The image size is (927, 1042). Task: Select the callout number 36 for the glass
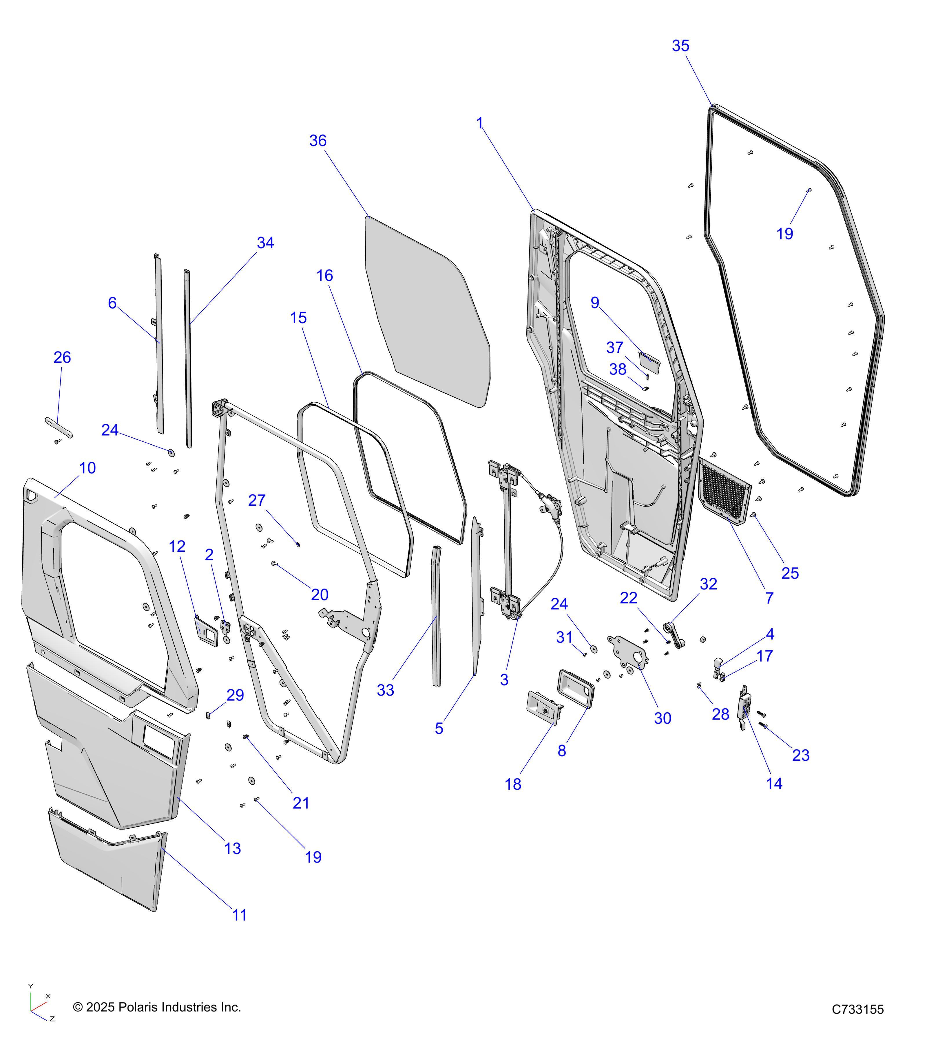[318, 141]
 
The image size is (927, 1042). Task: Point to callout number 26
[62, 357]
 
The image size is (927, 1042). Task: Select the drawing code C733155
[857, 1009]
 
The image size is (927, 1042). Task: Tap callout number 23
[800, 755]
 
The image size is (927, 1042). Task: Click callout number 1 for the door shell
[479, 123]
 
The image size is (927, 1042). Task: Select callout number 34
[265, 243]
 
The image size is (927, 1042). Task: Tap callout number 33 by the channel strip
[385, 690]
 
